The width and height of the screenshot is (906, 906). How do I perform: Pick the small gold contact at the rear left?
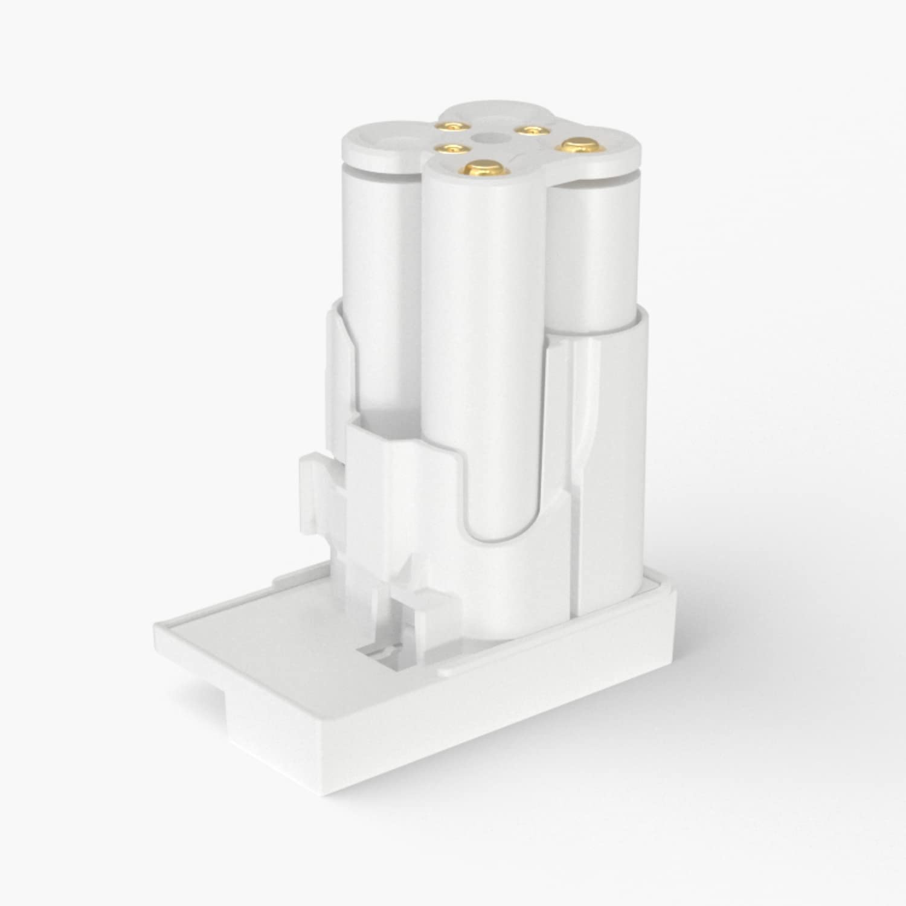click(x=453, y=126)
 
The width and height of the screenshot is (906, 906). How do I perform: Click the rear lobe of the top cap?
click(x=489, y=112)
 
